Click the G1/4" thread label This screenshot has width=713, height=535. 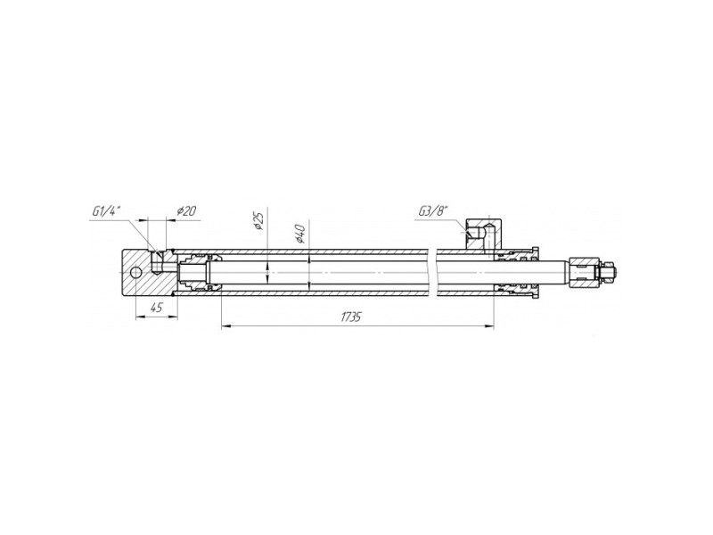(x=106, y=211)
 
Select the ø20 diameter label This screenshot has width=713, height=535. (x=186, y=211)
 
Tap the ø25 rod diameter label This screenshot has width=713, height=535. (x=258, y=220)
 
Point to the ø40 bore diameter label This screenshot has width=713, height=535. (x=299, y=234)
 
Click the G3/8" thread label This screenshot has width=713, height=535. (x=433, y=211)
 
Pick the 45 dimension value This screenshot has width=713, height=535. (x=156, y=308)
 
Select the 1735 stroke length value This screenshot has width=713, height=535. (x=351, y=317)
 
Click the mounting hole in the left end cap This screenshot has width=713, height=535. (x=135, y=273)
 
